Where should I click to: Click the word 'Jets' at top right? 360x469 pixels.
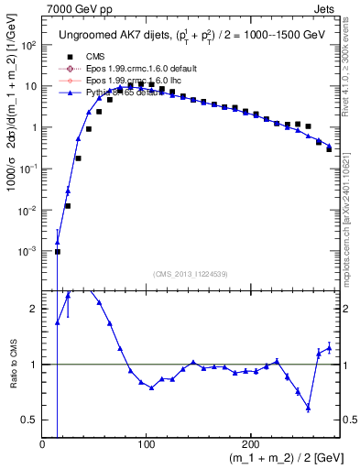326,8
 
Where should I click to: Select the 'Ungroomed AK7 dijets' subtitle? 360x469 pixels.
103,35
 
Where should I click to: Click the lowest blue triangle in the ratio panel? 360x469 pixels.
309,408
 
